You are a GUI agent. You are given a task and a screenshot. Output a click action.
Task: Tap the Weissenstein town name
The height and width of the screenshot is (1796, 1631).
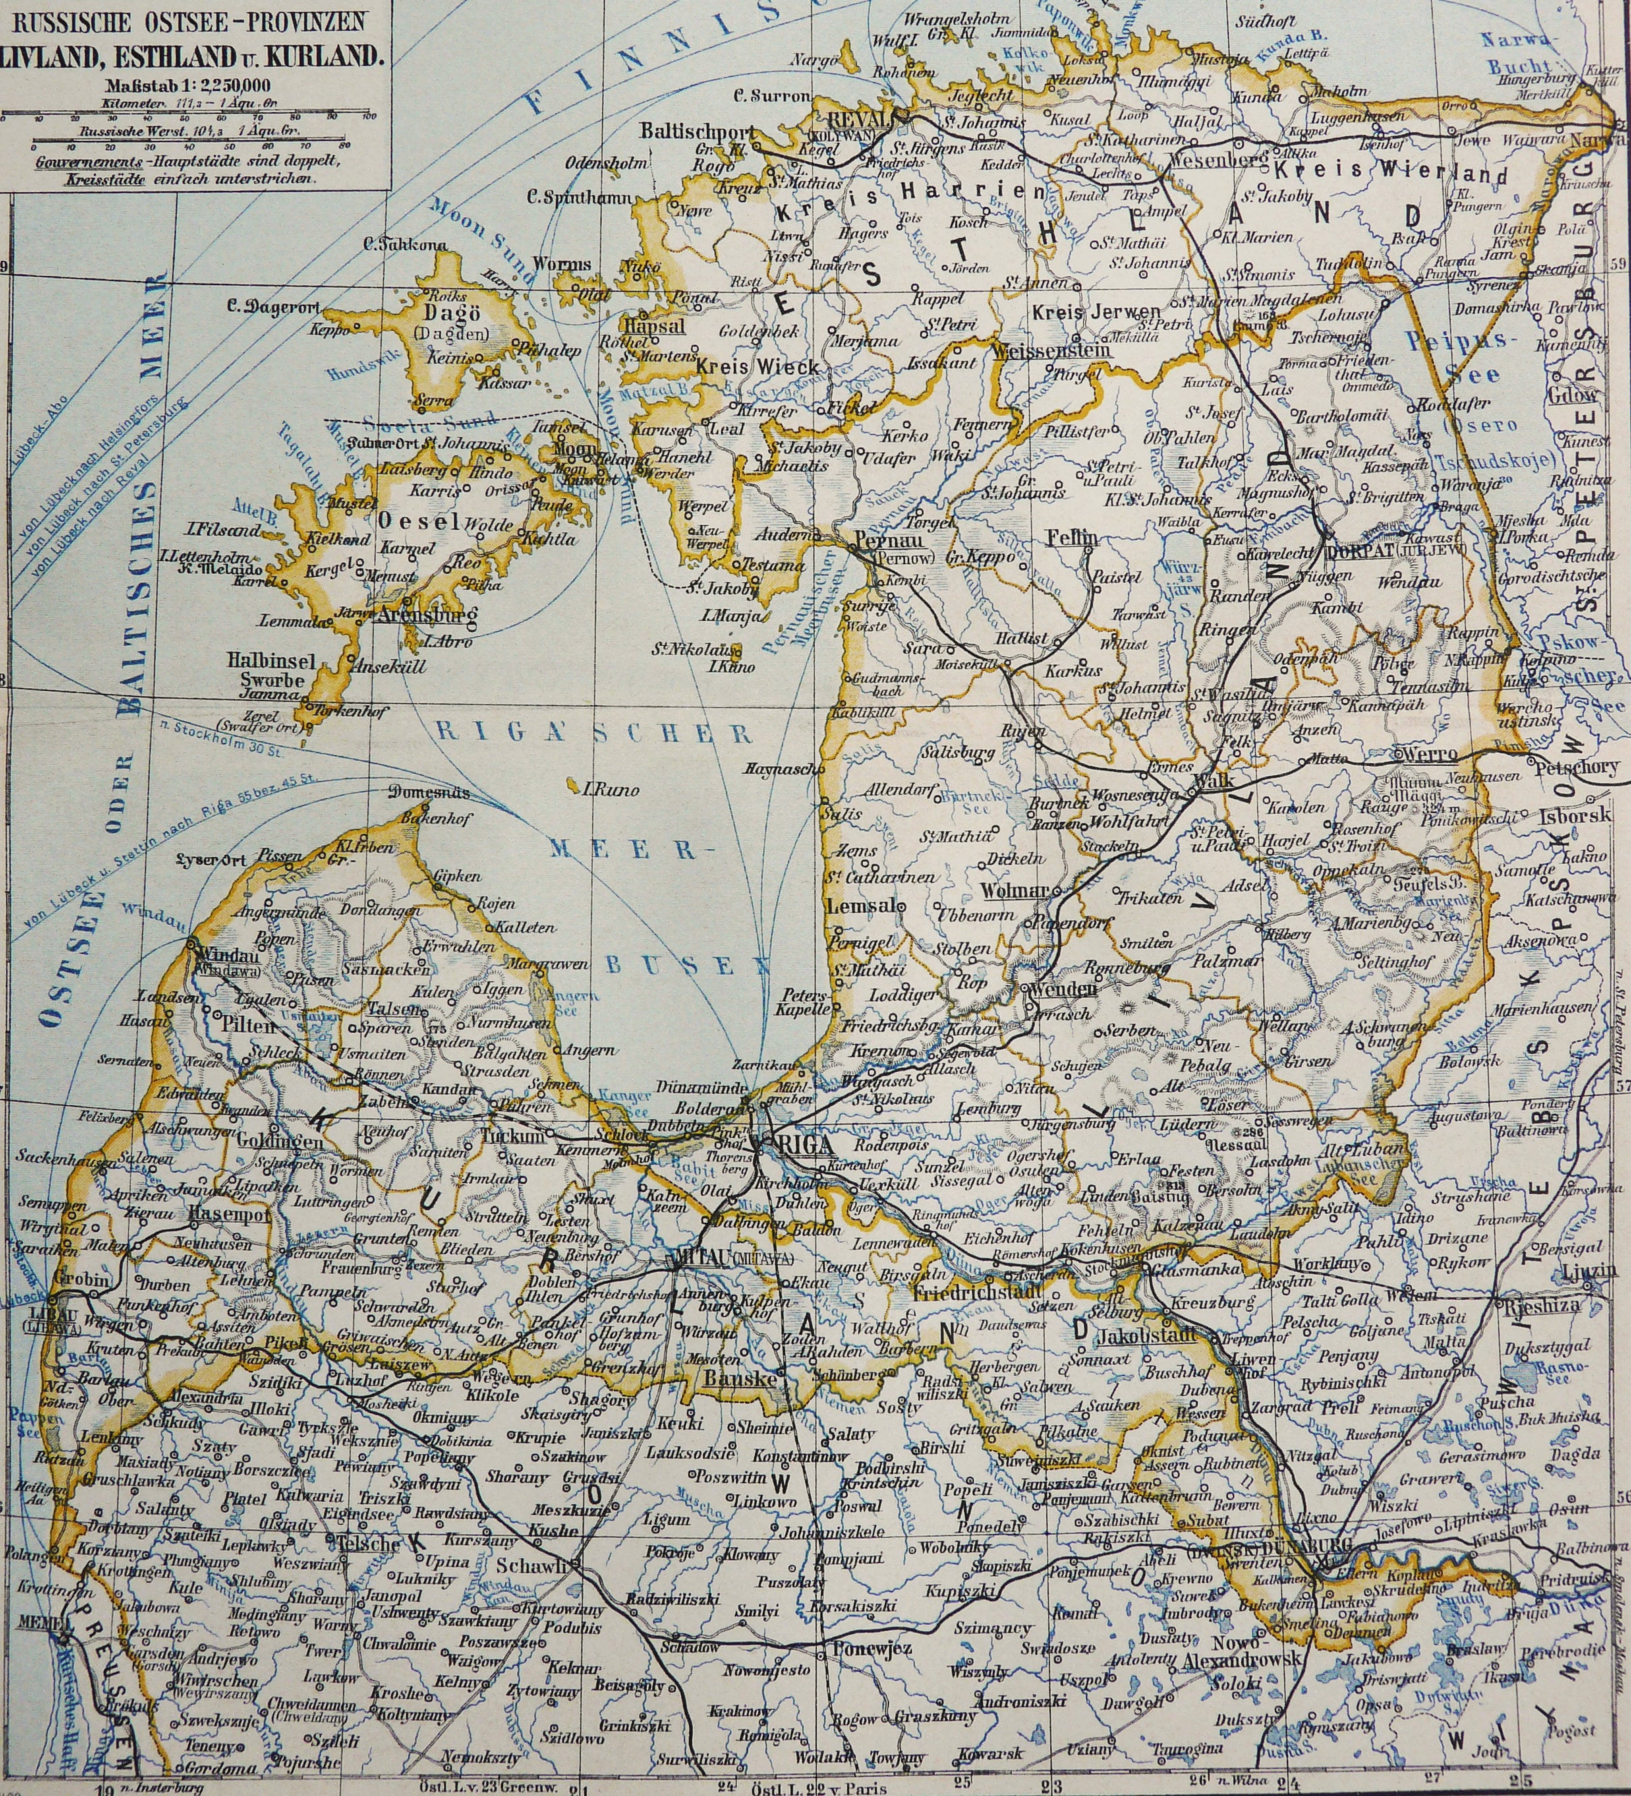click(1052, 349)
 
